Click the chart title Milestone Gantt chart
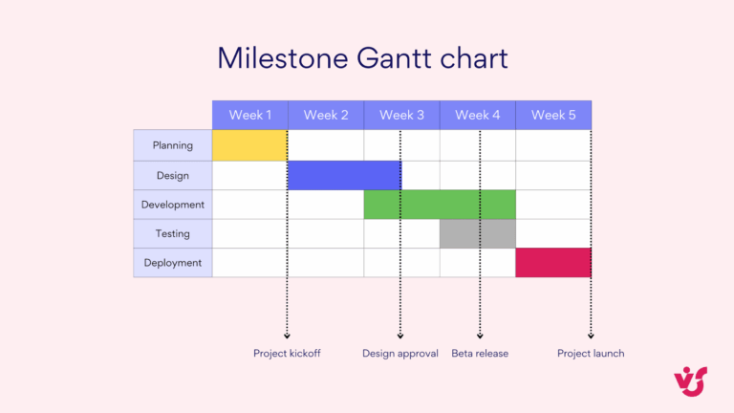tap(362, 57)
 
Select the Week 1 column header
tap(249, 115)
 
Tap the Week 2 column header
tap(326, 115)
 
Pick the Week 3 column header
tap(401, 115)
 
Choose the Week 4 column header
tap(477, 115)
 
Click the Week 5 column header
tap(553, 115)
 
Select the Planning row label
tap(173, 145)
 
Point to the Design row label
tap(173, 175)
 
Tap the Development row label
tap(173, 205)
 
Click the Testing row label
tap(173, 233)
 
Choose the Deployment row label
tap(173, 263)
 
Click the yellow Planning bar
tap(249, 145)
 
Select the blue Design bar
tap(344, 175)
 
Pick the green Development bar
tap(440, 205)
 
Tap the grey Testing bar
tap(477, 233)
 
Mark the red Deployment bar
tap(553, 263)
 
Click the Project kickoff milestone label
tap(287, 354)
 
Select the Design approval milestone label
tap(400, 354)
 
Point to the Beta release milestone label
tap(480, 354)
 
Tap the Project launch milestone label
tap(591, 354)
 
